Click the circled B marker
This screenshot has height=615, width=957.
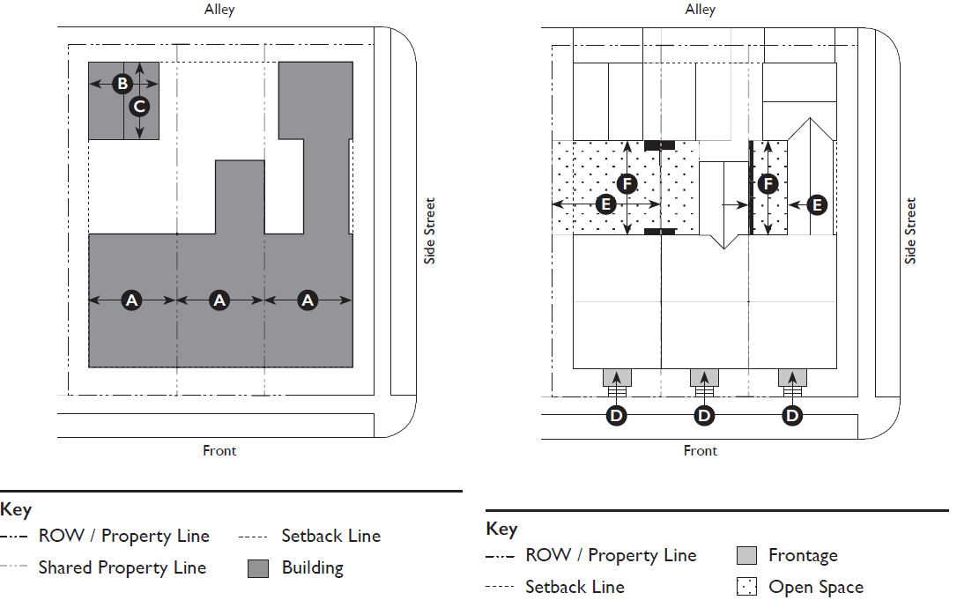[122, 84]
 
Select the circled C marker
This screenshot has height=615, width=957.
[139, 107]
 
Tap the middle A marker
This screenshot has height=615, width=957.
[219, 300]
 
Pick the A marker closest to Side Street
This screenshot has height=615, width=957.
[308, 300]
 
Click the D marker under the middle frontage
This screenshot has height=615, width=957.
[704, 415]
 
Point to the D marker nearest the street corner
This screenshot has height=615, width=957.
[793, 415]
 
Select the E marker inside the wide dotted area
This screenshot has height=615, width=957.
[605, 204]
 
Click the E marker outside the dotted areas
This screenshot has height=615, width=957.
[817, 204]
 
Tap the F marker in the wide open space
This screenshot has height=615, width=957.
[627, 184]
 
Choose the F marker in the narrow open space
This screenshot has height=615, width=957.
[768, 184]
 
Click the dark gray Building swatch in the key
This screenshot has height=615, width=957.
[258, 568]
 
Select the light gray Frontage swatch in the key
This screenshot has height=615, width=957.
[746, 555]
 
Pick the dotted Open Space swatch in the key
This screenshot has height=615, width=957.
[746, 587]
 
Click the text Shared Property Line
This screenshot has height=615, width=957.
[122, 567]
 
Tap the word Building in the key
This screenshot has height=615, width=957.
[312, 567]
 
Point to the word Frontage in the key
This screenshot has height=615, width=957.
[803, 555]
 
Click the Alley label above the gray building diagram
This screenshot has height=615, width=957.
[219, 11]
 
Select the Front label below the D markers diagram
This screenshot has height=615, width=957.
[701, 450]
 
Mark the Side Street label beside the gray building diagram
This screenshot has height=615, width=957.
[430, 231]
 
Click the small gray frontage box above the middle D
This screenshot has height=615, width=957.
[704, 378]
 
